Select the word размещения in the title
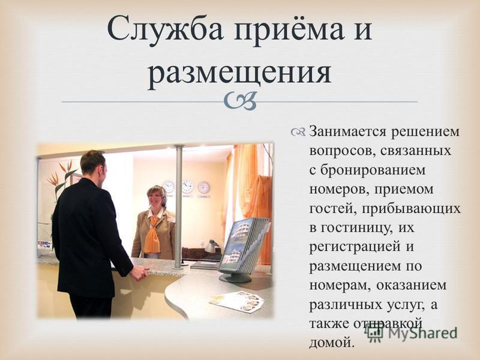[239, 73]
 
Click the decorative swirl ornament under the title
[240, 101]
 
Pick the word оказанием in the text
[411, 285]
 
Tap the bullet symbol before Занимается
[298, 132]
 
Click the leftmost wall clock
[169, 187]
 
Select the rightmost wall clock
[203, 187]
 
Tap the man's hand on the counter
[140, 273]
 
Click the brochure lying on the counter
[236, 301]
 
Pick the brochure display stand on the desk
[244, 249]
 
